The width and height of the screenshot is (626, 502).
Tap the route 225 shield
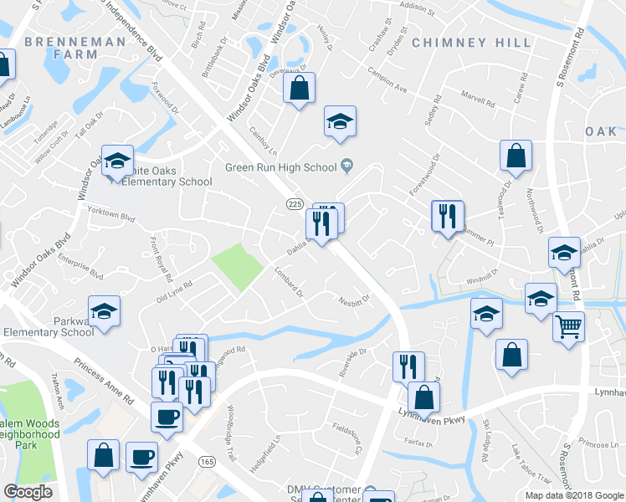click(x=295, y=204)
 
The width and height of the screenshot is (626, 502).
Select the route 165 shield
click(x=206, y=461)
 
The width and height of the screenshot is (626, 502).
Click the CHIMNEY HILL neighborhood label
click(x=472, y=42)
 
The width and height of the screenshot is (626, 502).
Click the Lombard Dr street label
click(x=288, y=282)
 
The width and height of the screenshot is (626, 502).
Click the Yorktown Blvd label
click(x=111, y=214)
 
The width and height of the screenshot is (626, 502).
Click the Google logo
click(x=28, y=492)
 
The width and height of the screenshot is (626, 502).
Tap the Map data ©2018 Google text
click(x=574, y=495)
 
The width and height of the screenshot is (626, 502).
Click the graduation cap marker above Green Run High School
click(x=341, y=121)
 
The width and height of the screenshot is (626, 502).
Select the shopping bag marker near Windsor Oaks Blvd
click(x=299, y=88)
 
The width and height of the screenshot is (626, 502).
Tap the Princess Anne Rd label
click(x=104, y=382)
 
